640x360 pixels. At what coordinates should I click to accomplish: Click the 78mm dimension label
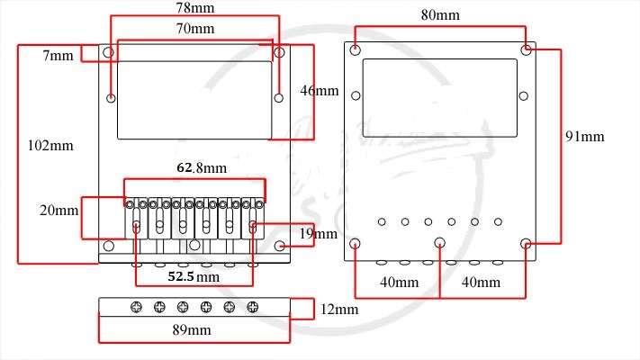coord(195,8)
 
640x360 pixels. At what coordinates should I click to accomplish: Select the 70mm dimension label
coord(195,29)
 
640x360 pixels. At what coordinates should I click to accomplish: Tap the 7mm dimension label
coord(58,56)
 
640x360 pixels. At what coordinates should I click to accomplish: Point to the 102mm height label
coord(50,146)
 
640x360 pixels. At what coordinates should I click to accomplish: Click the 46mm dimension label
coord(320,91)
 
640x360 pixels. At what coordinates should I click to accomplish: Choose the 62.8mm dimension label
coord(202,167)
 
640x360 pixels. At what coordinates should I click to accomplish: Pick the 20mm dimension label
coord(59,211)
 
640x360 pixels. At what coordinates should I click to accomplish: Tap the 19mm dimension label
coord(318,234)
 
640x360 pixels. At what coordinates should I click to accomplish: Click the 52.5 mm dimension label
coord(194,276)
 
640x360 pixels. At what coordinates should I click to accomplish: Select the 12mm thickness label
coord(339,310)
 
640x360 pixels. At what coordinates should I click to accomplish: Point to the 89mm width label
coord(192,329)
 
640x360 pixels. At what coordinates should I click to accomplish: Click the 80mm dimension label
coord(440,15)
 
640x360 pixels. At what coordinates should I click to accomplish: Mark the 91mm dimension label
coord(585,136)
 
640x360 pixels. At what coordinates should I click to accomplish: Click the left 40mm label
coord(399,282)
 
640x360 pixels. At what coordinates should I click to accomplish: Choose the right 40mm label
coord(481,282)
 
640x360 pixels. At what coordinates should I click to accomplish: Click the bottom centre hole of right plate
coord(439,243)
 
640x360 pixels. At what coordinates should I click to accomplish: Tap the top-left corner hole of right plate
coord(356,50)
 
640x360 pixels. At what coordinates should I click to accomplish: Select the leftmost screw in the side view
coord(136,307)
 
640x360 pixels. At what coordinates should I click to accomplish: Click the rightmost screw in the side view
coord(253,307)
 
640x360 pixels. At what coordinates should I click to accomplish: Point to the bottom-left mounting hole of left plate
coord(109,246)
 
